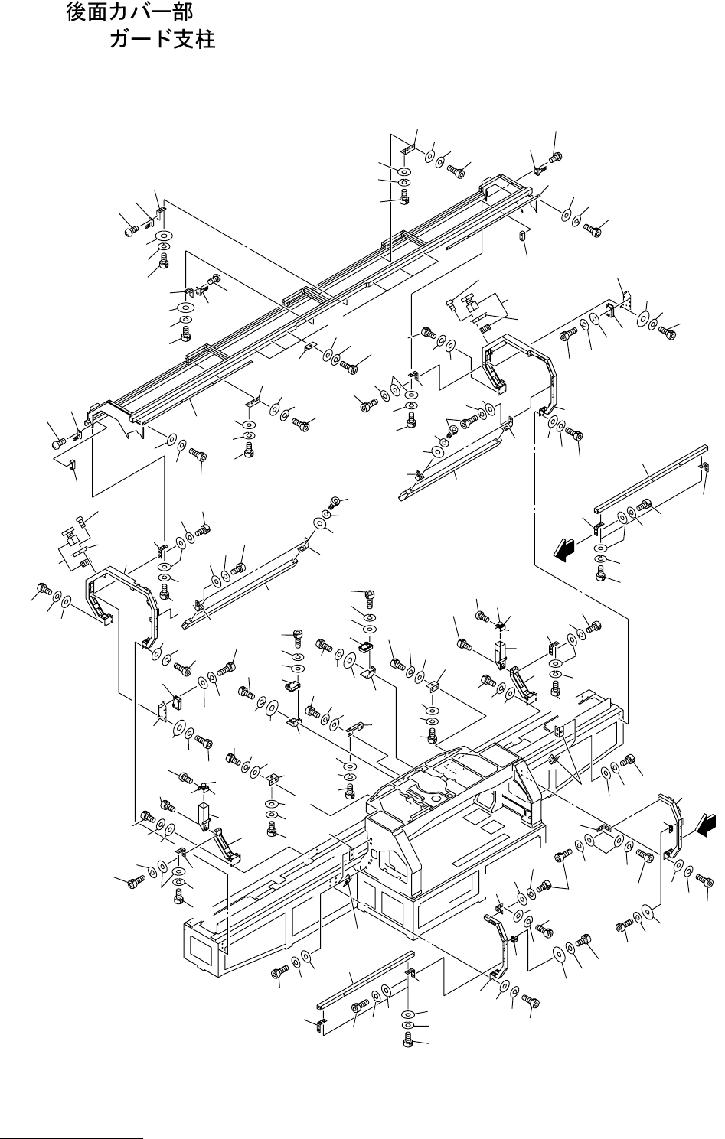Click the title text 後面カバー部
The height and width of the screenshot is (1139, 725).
[129, 12]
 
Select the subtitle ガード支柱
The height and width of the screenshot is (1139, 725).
[162, 39]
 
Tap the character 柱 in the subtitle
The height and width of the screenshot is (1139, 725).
[205, 39]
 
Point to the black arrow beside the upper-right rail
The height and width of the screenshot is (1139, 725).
[563, 550]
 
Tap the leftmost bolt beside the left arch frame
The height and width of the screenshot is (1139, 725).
[43, 590]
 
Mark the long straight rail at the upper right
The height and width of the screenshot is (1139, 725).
[651, 478]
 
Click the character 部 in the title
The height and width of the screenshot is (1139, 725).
[183, 12]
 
